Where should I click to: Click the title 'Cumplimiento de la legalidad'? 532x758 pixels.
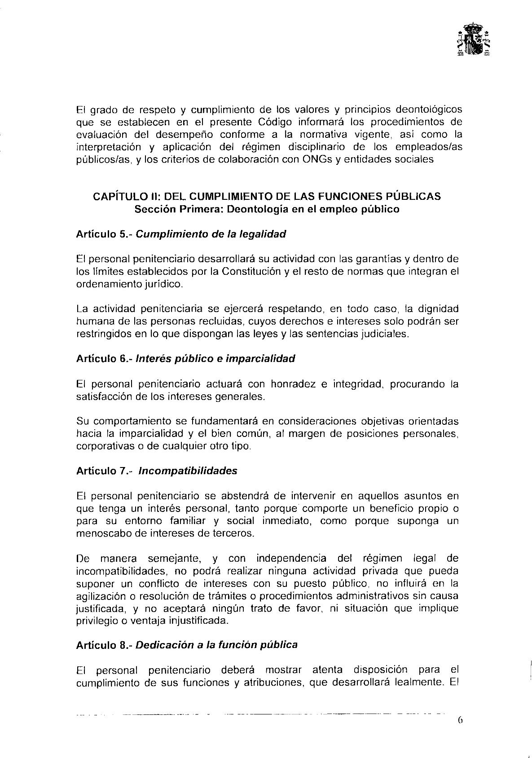[x=211, y=234]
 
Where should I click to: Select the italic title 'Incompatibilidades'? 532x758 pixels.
[x=188, y=471]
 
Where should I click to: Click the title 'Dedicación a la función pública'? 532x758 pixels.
[x=216, y=645]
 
